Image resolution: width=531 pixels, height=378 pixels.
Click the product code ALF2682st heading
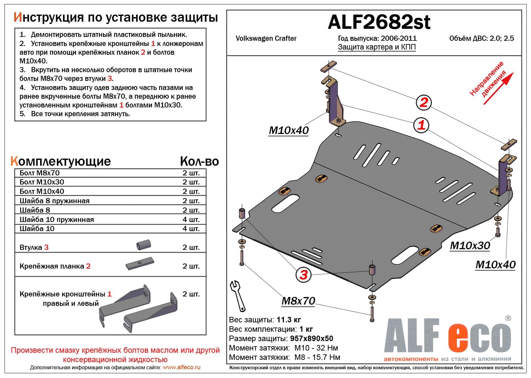tap(379, 22)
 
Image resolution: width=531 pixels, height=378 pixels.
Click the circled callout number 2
tap(424, 102)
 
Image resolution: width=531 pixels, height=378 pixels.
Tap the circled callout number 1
tap(421, 125)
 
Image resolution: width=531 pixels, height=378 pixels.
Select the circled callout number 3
tap(303, 275)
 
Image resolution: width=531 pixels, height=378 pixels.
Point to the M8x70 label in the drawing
tap(298, 301)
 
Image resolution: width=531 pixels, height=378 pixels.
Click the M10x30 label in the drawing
tap(470, 246)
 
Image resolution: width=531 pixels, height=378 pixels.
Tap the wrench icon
tap(238, 295)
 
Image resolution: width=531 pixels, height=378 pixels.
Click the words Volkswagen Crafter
tap(266, 39)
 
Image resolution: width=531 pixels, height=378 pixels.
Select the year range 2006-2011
tap(398, 39)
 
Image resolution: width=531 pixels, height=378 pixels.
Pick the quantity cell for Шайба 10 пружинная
tap(191, 219)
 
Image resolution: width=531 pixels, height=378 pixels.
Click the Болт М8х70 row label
tap(39, 173)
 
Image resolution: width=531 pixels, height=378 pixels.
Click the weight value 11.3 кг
tap(289, 320)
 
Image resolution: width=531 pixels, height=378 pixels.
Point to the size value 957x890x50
tap(311, 339)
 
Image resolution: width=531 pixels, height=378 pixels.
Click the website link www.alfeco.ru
tap(181, 367)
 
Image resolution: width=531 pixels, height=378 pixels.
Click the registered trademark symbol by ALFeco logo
tap(508, 318)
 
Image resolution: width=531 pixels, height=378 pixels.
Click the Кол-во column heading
tap(199, 161)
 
